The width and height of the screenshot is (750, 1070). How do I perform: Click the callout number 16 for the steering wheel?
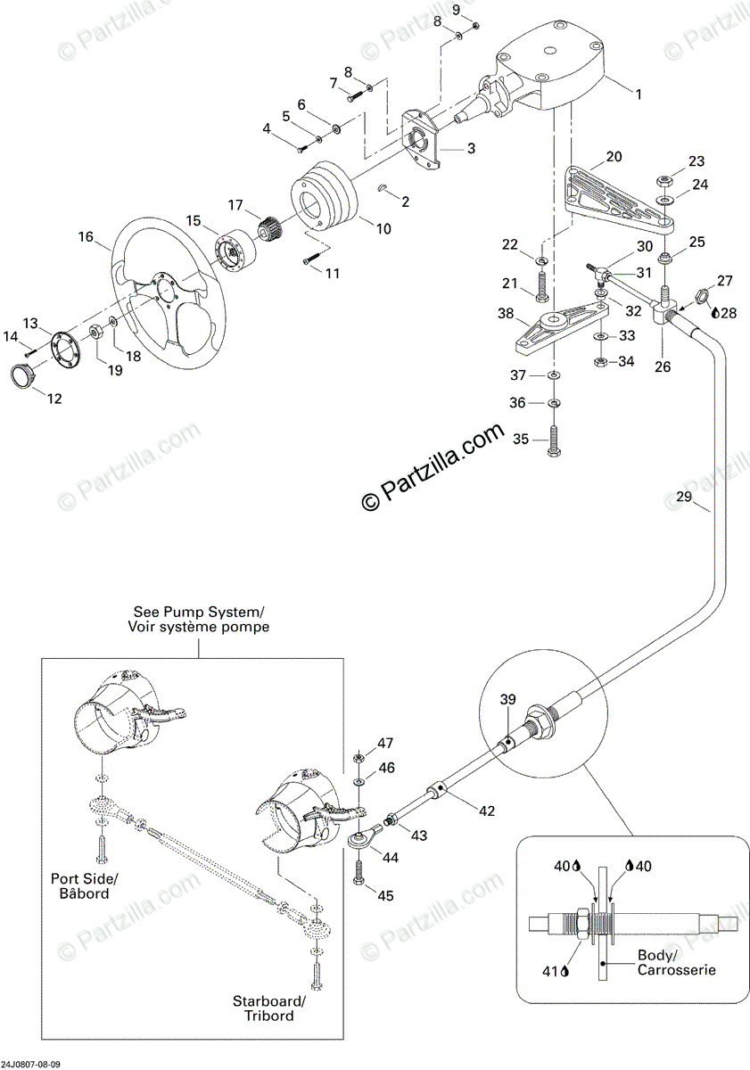pos(86,237)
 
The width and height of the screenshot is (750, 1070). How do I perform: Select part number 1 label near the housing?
pos(637,93)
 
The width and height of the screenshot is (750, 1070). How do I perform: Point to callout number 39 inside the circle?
pos(507,700)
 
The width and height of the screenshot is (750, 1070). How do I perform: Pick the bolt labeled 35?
pos(555,440)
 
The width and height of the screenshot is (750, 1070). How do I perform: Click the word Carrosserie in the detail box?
pos(676,970)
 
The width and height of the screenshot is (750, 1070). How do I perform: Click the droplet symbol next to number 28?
pos(714,313)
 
